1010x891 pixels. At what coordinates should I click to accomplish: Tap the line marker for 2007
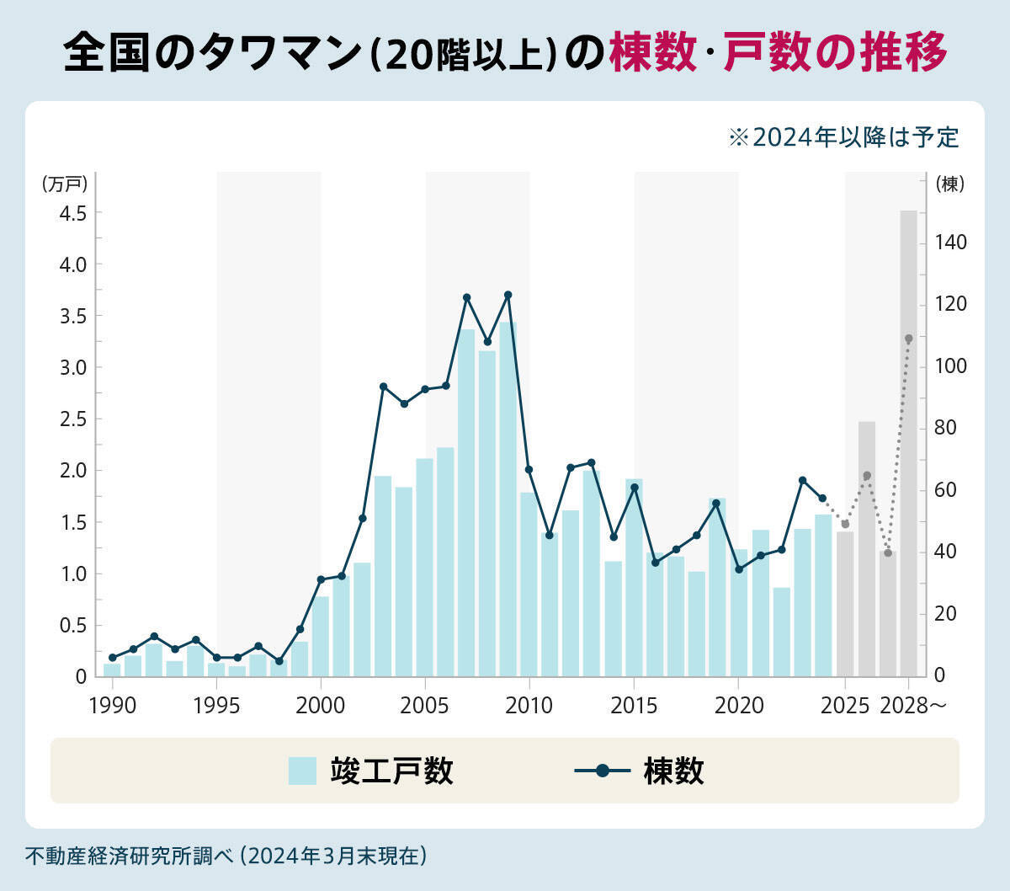pyautogui.click(x=466, y=297)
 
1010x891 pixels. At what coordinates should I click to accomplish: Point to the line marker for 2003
pyautogui.click(x=383, y=387)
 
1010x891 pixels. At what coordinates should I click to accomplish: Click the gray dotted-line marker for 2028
pyautogui.click(x=908, y=339)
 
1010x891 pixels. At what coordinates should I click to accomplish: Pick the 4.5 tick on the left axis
pyautogui.click(x=73, y=213)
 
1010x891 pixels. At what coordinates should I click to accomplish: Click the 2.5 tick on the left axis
pyautogui.click(x=73, y=419)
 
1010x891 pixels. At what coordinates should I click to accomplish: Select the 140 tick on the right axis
pyautogui.click(x=951, y=243)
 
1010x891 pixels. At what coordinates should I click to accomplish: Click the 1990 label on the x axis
pyautogui.click(x=112, y=706)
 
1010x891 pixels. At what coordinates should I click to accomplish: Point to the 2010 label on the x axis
pyautogui.click(x=529, y=706)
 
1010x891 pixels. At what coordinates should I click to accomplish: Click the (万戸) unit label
pyautogui.click(x=65, y=184)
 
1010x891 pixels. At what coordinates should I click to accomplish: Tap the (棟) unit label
pyautogui.click(x=950, y=184)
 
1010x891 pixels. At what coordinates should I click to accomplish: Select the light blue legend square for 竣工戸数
pyautogui.click(x=302, y=771)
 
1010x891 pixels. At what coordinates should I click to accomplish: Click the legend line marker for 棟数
pyautogui.click(x=602, y=771)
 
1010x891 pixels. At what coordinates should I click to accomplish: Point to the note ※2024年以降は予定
pyautogui.click(x=843, y=137)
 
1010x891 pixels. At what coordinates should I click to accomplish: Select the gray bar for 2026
pyautogui.click(x=867, y=548)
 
